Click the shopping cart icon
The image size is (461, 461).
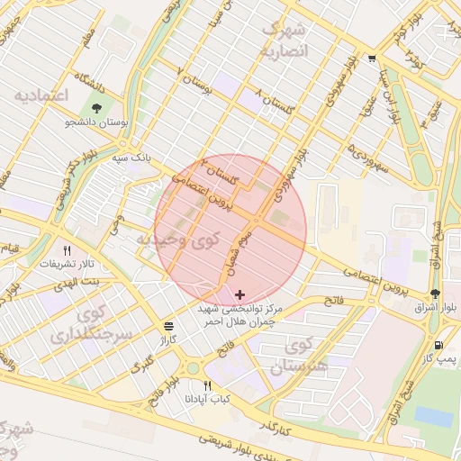pos(372,59)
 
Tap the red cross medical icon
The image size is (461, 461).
pos(239,294)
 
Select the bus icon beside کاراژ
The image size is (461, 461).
pos(168,326)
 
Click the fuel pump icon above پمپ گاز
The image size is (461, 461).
pos(438,345)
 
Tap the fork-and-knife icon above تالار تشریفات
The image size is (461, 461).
pos(67,251)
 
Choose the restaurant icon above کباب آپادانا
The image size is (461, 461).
pos(208,385)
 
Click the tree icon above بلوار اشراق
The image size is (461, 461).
pos(436,294)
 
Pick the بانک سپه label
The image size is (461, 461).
pos(127,158)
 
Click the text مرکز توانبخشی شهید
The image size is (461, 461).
pos(240,308)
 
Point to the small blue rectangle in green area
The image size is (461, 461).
pos(433,416)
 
